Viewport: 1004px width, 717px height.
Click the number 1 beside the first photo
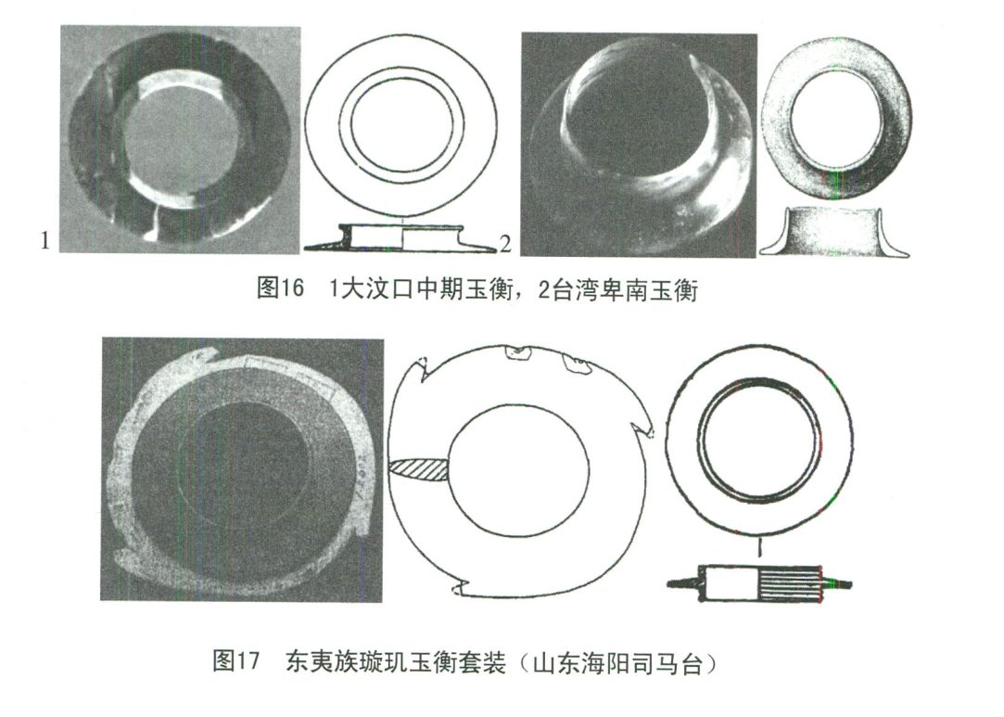pyautogui.click(x=43, y=241)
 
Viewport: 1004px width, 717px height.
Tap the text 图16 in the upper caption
pyautogui.click(x=279, y=289)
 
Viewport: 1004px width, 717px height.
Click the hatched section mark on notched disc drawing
pyautogui.click(x=419, y=468)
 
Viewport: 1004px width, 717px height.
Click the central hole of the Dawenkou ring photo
pyautogui.click(x=175, y=139)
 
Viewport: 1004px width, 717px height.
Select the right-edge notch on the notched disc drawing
pyautogui.click(x=642, y=428)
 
